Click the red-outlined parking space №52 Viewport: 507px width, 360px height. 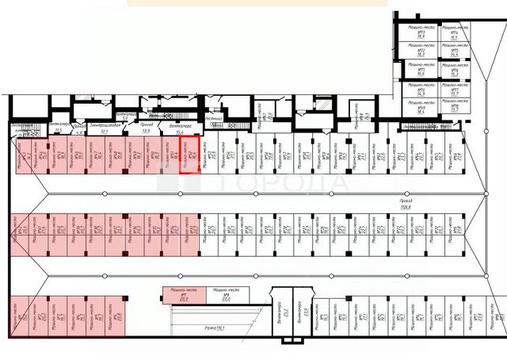click(x=190, y=155)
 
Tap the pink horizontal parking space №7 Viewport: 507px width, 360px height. click(x=183, y=295)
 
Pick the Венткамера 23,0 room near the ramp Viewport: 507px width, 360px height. click(x=302, y=315)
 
